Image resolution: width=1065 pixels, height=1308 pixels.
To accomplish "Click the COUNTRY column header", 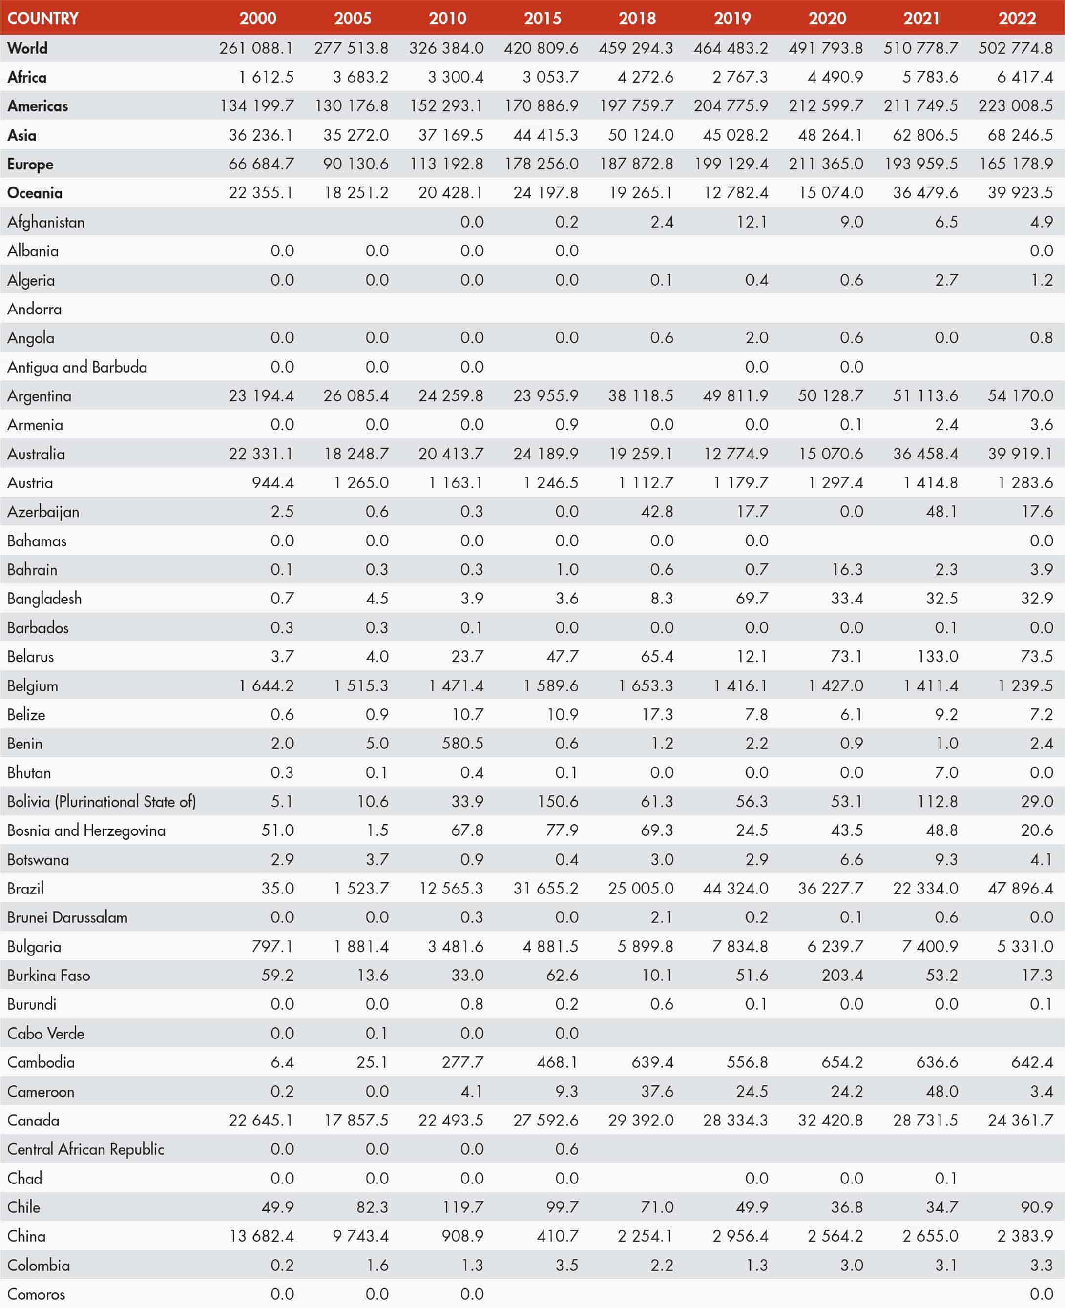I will (x=43, y=18).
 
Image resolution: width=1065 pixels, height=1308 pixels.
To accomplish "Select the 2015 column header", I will (x=543, y=18).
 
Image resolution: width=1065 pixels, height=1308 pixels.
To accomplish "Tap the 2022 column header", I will (x=1017, y=18).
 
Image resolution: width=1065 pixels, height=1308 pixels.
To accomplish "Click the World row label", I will (x=27, y=48).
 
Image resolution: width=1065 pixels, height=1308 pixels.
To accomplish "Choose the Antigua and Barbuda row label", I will (x=77, y=367).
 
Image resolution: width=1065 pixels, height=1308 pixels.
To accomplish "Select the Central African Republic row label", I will (x=86, y=1149).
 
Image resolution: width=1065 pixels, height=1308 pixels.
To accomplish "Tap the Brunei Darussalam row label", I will (x=67, y=917).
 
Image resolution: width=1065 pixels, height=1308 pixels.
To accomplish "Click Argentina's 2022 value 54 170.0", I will (x=1020, y=395).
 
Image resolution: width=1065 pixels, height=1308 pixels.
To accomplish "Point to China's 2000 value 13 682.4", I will (x=261, y=1236).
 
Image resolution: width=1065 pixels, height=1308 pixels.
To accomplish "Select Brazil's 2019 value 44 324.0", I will (x=735, y=888).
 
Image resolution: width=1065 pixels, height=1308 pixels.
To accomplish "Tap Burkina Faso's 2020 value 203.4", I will (x=842, y=975).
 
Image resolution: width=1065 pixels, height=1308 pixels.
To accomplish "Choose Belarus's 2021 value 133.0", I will (x=938, y=656).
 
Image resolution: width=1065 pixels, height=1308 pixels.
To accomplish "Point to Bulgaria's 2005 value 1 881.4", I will (x=361, y=946).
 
